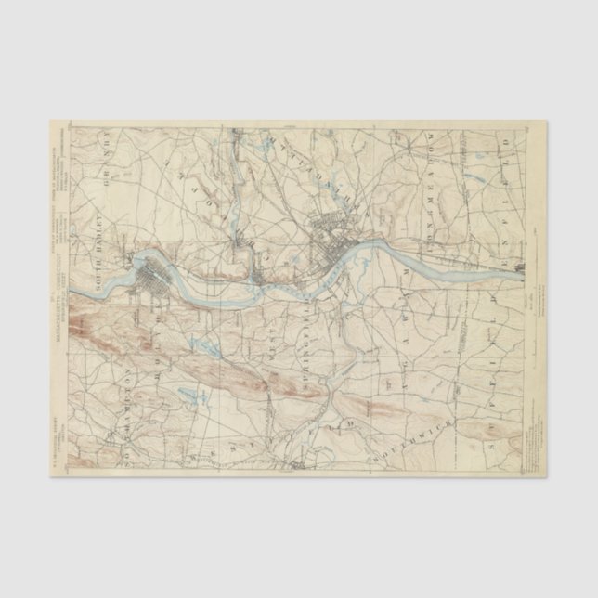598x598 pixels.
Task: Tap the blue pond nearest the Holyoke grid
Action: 209,348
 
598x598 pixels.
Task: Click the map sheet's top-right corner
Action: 546,122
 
